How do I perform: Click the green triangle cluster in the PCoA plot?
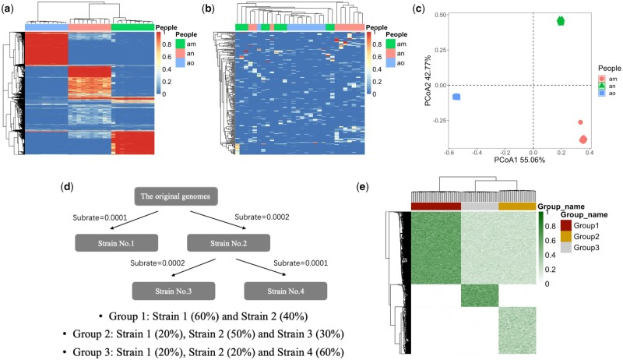click(x=560, y=21)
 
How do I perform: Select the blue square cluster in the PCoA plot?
click(x=457, y=97)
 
